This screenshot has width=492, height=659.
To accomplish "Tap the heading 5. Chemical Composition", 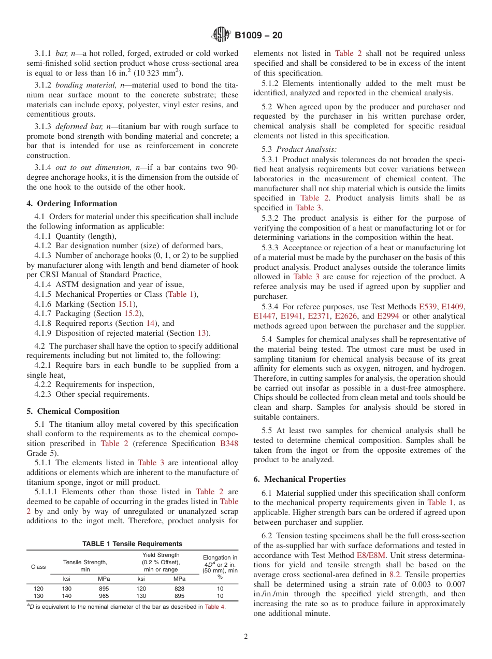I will (73, 411).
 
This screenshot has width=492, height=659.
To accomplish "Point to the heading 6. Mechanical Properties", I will (299, 479).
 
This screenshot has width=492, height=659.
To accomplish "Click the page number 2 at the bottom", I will (246, 636).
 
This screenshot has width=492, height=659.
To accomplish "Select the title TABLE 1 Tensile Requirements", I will (133, 543).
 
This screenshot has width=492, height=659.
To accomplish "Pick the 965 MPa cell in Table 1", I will (105, 596).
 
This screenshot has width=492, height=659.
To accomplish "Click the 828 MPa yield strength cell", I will (179, 589).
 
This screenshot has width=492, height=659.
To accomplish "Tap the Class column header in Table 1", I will (38, 567).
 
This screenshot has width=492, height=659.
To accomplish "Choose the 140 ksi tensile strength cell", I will (67, 596).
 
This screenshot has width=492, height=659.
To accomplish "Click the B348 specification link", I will (229, 443).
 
